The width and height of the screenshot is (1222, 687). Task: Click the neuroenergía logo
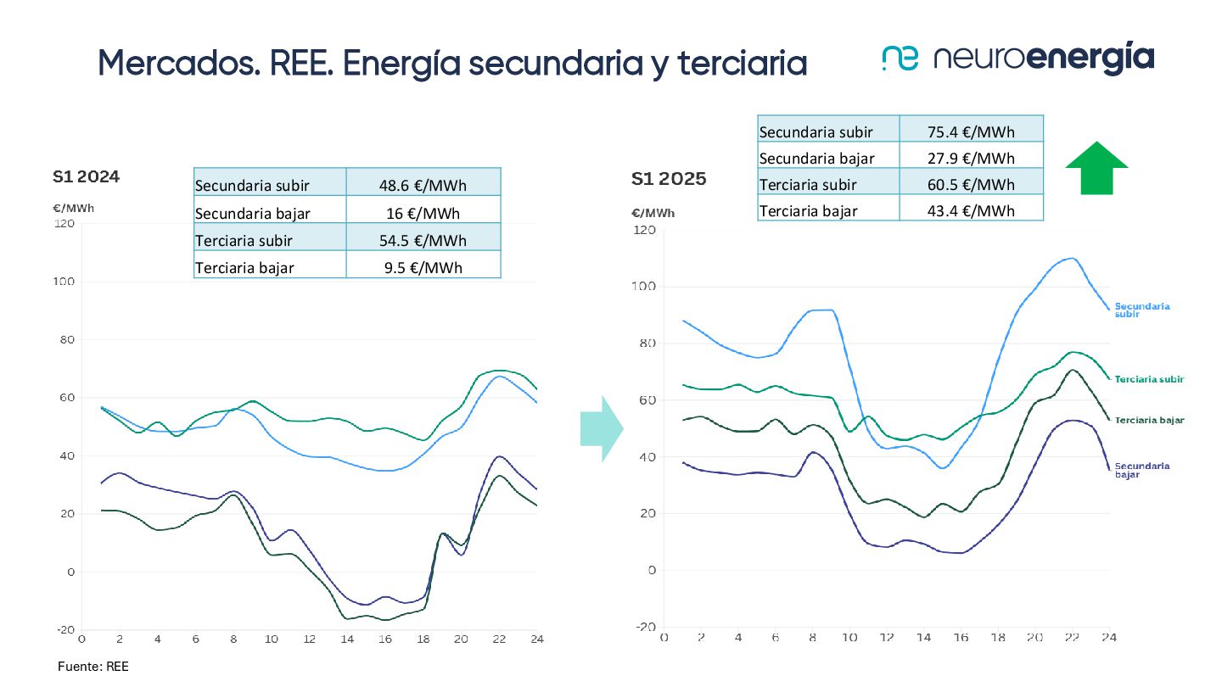point(1017,59)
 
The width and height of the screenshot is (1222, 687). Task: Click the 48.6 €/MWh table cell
point(423,185)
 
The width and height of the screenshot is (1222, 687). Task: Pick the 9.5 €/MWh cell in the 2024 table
point(423,268)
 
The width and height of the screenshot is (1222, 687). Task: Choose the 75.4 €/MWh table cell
point(972,131)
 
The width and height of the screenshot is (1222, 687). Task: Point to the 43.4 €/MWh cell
point(972,210)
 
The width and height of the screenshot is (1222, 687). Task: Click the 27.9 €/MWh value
point(972,158)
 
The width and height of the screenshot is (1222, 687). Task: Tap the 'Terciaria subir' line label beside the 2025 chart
point(1149,379)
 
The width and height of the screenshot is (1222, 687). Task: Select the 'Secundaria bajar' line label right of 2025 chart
point(1142,470)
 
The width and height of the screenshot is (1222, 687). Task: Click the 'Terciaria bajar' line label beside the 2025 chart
point(1149,420)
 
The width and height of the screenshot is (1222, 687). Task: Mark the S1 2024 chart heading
point(86,177)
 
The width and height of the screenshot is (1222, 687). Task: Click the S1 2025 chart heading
point(669,180)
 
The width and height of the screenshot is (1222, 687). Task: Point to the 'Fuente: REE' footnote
point(93,667)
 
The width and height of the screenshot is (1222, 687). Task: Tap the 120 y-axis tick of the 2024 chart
point(64,223)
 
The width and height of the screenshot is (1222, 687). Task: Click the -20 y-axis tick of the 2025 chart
point(644,628)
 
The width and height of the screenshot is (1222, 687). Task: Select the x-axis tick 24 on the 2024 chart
point(536,639)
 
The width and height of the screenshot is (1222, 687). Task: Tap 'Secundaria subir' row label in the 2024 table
point(252,185)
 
